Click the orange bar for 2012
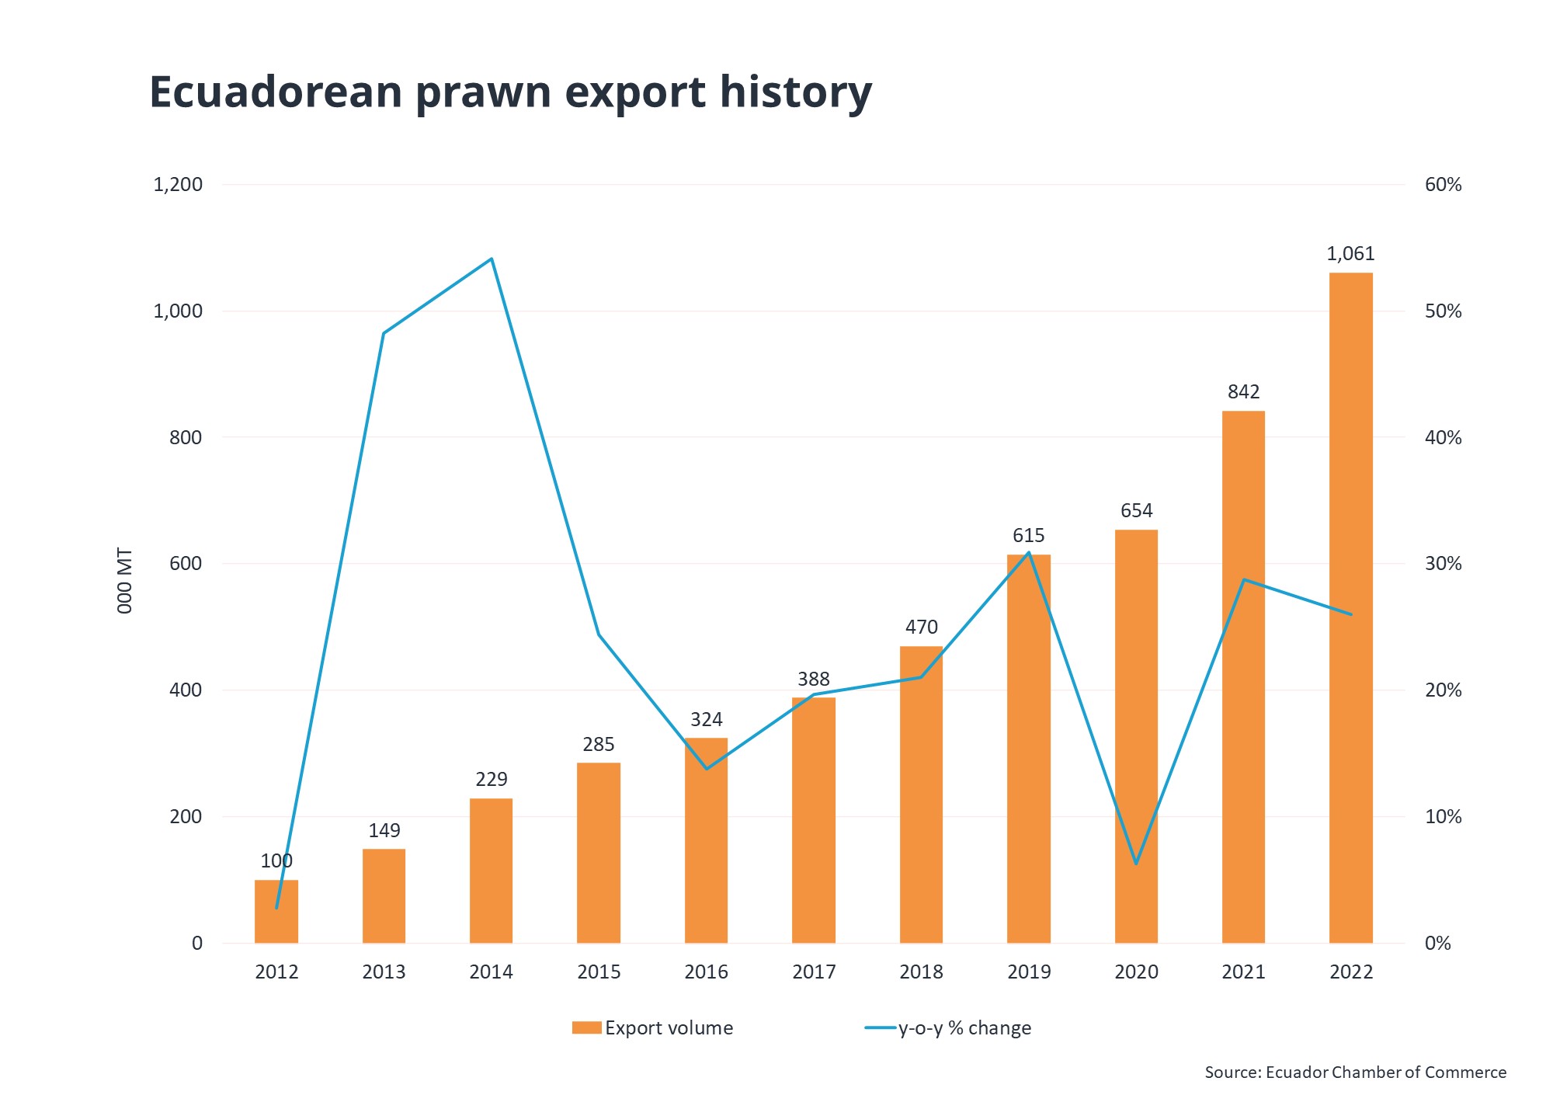(276, 916)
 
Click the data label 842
(1243, 392)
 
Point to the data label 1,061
(1350, 254)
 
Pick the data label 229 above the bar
(491, 780)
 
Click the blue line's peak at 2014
(492, 259)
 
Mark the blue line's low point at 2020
(1136, 864)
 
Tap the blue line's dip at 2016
(706, 769)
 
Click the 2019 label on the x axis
(1028, 972)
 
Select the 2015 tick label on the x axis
(599, 972)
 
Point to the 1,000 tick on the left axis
(178, 311)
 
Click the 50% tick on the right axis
(1443, 311)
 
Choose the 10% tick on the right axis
(1443, 817)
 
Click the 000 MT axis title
(125, 581)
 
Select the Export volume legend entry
(653, 1028)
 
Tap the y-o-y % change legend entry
(949, 1028)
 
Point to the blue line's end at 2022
(1351, 614)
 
